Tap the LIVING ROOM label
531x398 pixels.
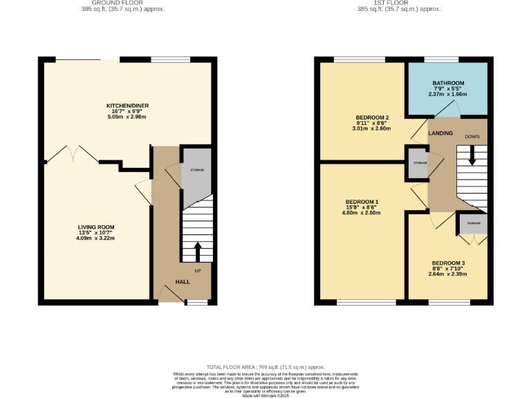[x=95, y=227]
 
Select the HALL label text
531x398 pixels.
[x=183, y=282]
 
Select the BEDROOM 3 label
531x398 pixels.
[x=448, y=263]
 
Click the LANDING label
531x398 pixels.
[x=441, y=133]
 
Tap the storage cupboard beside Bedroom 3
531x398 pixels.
[x=473, y=224]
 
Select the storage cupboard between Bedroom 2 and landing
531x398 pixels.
[x=417, y=162]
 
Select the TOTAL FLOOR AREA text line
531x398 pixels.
[x=265, y=367]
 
